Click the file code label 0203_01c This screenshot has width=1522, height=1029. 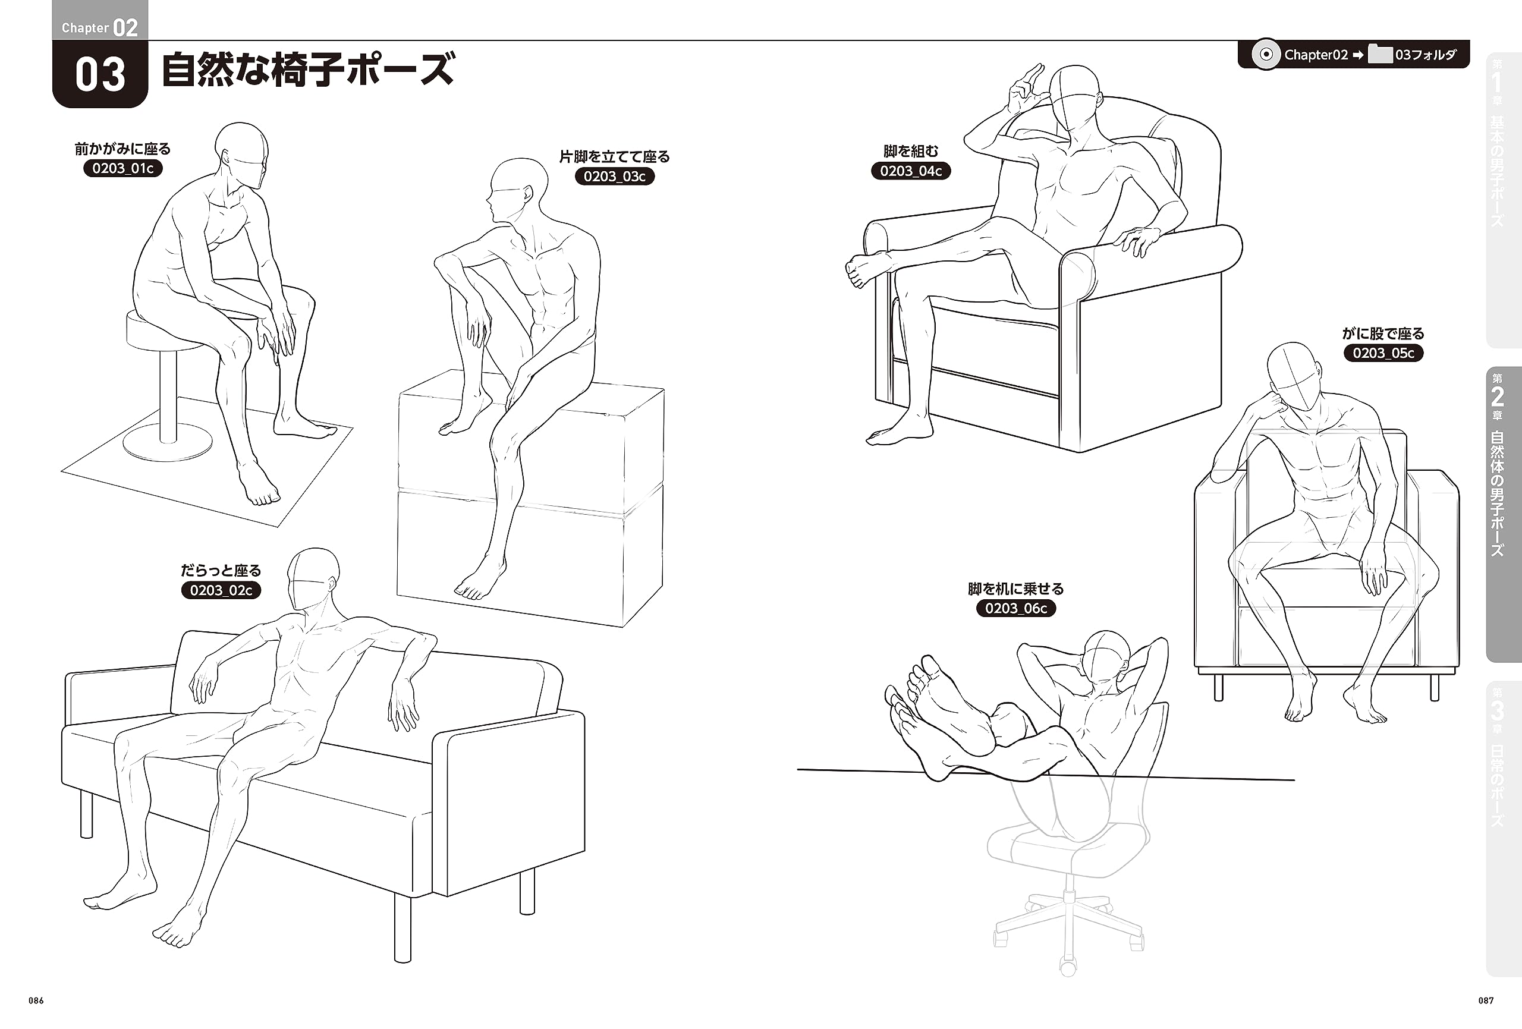(x=123, y=168)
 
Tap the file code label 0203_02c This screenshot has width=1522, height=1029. (x=221, y=590)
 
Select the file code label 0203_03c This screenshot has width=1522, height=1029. (x=614, y=176)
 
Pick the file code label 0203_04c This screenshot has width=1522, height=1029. (x=910, y=171)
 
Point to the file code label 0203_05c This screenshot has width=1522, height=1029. (x=1383, y=353)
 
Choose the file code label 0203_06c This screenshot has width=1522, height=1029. (x=1016, y=609)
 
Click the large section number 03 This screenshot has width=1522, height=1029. (x=100, y=75)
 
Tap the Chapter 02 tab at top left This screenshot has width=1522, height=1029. (x=99, y=27)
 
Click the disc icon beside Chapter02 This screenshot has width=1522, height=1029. (x=1266, y=55)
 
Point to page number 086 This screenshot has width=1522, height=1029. (x=36, y=1000)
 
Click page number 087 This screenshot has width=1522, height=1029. (x=1486, y=1000)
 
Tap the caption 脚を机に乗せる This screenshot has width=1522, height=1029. (x=1016, y=589)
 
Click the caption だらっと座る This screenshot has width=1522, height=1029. (x=221, y=571)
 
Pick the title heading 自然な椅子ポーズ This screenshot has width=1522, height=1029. (x=308, y=70)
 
